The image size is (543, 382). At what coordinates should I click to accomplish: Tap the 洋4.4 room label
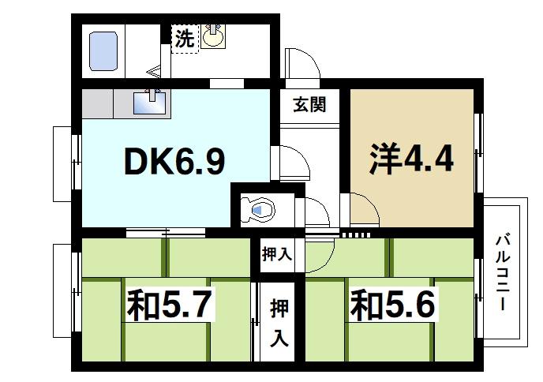[x=411, y=159]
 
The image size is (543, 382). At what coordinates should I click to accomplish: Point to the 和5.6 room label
[x=392, y=304]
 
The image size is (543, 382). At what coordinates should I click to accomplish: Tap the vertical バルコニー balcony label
[x=502, y=271]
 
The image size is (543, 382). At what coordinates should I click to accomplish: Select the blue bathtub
[x=104, y=50]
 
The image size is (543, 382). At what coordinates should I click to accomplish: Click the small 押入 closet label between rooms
[x=277, y=255]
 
